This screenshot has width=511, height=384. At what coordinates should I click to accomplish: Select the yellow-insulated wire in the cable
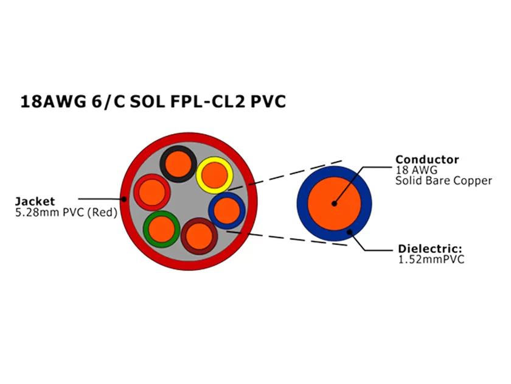tap(214, 175)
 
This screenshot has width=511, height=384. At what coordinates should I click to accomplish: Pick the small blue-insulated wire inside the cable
tap(226, 210)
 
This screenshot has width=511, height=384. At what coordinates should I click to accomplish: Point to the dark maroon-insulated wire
tap(199, 235)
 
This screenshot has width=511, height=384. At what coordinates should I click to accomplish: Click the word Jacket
tap(35, 201)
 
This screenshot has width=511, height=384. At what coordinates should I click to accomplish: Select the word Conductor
tap(427, 160)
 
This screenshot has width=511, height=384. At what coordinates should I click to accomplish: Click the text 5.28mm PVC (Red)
tap(66, 213)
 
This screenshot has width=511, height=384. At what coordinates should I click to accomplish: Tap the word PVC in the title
tap(268, 102)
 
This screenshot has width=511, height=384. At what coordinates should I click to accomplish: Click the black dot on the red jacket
tap(123, 199)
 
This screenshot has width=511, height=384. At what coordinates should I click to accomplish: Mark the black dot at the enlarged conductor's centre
tap(333, 204)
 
